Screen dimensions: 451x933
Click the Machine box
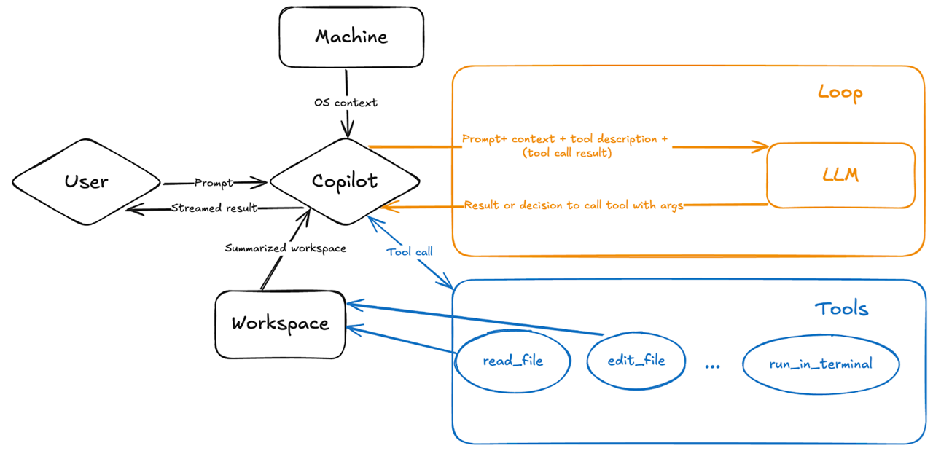351,37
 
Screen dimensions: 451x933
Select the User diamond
86,182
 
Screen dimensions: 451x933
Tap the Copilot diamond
344,181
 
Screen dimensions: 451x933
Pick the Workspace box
280,323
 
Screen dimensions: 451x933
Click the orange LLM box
840,176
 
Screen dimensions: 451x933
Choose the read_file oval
512,361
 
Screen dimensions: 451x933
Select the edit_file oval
636,360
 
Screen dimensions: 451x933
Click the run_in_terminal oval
820,364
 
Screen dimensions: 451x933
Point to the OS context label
346,103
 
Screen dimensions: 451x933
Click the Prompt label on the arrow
214,182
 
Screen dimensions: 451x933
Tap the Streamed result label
214,208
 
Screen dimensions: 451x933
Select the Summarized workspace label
285,248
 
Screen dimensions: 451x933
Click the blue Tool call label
410,251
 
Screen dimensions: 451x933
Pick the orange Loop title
840,93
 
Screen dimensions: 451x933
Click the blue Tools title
841,308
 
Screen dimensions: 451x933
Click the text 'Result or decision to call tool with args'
574,205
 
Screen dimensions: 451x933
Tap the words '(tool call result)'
566,153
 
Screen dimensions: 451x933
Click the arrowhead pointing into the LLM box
764,147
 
